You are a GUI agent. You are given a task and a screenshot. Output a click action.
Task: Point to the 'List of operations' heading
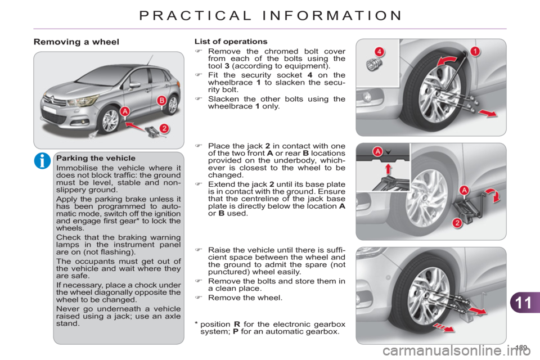231,42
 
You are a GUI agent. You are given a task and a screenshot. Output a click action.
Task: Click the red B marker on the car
161,101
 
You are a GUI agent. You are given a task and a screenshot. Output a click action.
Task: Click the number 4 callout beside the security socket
380,52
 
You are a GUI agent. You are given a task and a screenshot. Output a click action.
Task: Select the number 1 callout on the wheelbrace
475,52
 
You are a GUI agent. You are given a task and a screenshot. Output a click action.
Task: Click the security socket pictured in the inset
371,65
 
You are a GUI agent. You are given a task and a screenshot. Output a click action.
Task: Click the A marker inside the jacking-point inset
378,151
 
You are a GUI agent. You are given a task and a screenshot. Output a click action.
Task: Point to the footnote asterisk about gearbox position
195,323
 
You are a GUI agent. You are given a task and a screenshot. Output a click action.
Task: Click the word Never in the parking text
69,308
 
